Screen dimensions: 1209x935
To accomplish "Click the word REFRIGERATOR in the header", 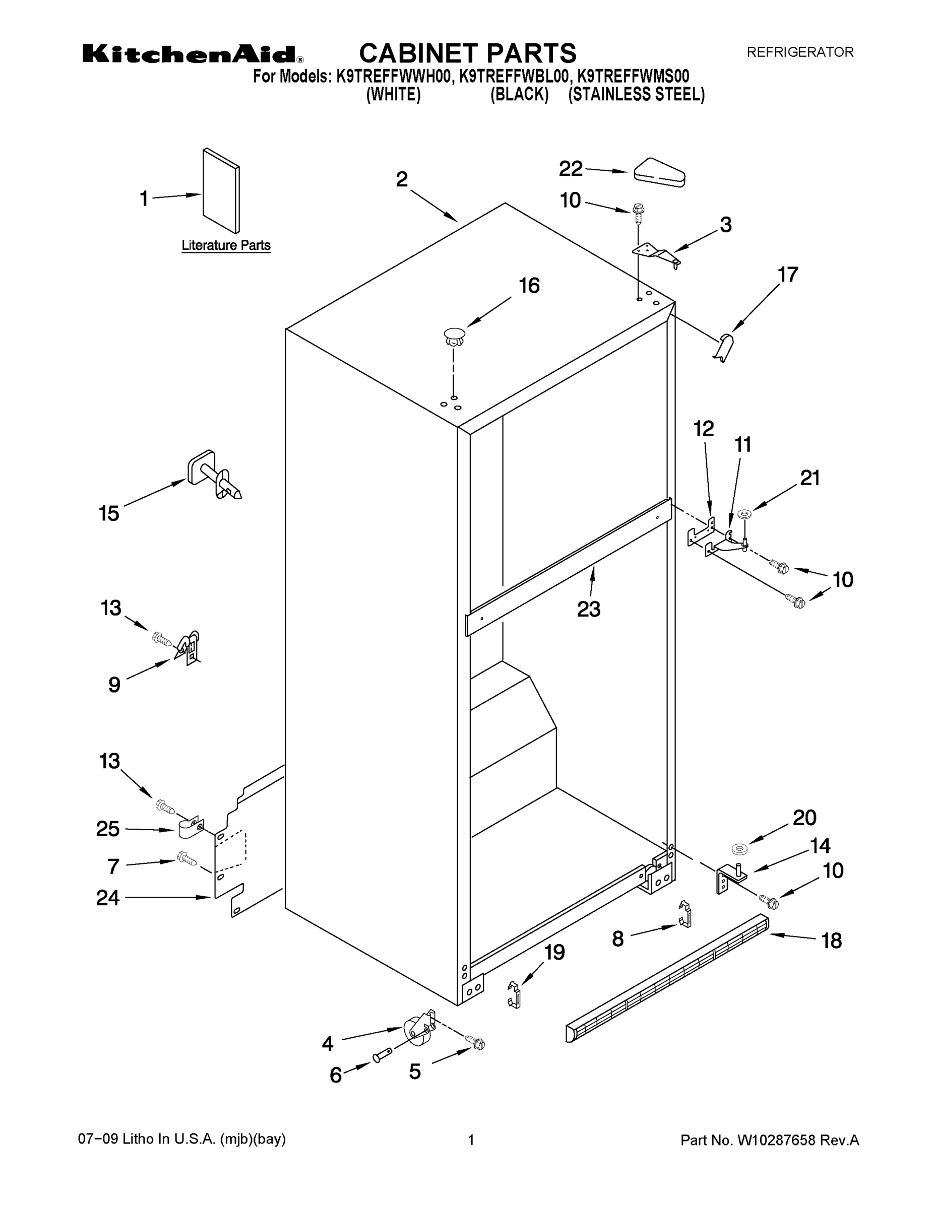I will (800, 52).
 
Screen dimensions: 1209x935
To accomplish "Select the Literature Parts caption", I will (226, 245).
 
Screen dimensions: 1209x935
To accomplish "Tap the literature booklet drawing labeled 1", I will (221, 191).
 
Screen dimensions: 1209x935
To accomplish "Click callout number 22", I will (571, 169).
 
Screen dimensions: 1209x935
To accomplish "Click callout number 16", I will (528, 286).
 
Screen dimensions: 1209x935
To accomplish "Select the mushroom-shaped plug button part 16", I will (454, 337).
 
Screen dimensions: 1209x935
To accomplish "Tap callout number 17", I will (787, 275).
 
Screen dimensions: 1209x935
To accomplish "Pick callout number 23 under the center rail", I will (588, 609).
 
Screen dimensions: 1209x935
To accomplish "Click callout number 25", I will (108, 829).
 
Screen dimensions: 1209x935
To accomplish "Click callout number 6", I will (336, 1075).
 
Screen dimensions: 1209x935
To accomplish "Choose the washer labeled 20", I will (739, 849).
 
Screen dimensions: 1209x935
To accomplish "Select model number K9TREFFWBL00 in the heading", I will (515, 76).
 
